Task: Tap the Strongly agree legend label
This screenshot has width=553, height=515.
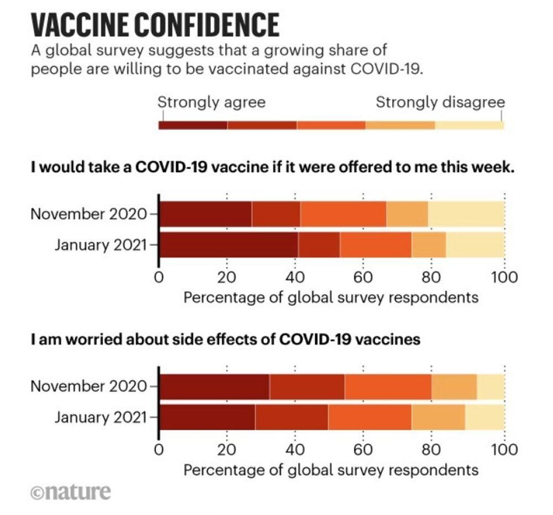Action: click(211, 102)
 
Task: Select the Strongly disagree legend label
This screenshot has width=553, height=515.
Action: click(440, 102)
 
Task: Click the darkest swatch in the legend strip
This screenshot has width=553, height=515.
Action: click(193, 125)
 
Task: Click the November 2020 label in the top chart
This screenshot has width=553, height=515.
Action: click(89, 214)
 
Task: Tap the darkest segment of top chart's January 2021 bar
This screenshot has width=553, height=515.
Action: click(228, 244)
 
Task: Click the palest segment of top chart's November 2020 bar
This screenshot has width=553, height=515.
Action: click(466, 214)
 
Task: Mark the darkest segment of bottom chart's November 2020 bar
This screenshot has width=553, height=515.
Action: click(215, 386)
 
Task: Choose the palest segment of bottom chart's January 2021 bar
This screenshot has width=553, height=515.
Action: click(484, 417)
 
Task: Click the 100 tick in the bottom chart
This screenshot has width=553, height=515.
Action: click(504, 449)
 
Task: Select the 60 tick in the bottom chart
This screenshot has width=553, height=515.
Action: click(363, 449)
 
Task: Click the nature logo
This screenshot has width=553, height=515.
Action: click(70, 491)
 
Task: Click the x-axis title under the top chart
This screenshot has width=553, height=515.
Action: click(330, 297)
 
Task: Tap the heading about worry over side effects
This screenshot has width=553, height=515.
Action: click(226, 339)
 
